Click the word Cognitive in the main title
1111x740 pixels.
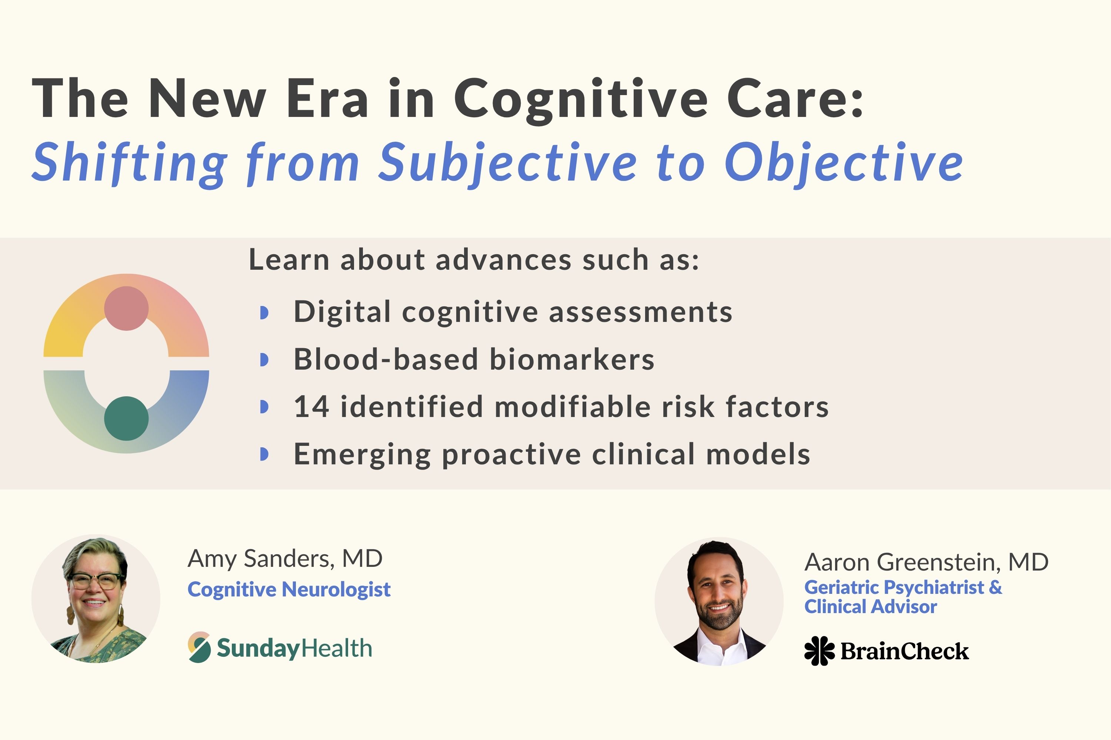click(581, 100)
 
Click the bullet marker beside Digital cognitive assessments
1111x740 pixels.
click(264, 312)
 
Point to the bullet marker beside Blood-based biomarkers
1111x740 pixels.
click(264, 360)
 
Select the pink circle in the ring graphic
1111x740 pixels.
click(126, 308)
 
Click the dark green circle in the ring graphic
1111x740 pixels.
click(126, 418)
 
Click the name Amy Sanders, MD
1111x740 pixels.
click(285, 559)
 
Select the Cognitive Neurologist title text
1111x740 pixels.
click(289, 589)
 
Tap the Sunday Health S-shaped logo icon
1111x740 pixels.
click(199, 647)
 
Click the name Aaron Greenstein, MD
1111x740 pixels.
click(926, 562)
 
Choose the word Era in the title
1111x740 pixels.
click(327, 100)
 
